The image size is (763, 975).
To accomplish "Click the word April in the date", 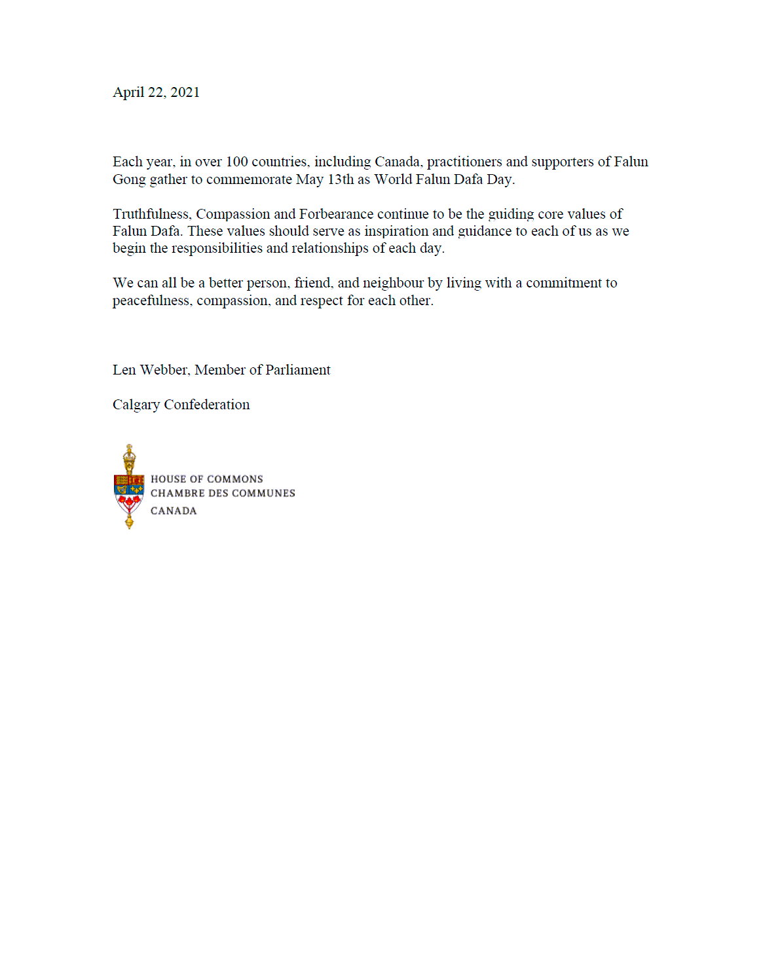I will click(x=128, y=92).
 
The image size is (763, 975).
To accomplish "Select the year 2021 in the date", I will click(x=185, y=92).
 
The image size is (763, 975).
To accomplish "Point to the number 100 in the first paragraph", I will click(x=236, y=162).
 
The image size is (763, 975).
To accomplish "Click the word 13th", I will click(x=341, y=179).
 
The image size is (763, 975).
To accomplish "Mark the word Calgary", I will click(x=136, y=405).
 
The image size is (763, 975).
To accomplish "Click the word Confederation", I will click(x=207, y=405).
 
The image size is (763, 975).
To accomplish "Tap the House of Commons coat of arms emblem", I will click(x=129, y=487).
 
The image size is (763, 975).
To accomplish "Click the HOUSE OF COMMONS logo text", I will click(x=207, y=479).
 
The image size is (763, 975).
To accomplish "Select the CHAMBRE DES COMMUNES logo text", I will click(x=223, y=493).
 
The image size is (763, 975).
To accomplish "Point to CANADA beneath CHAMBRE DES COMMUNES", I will click(x=174, y=511).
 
